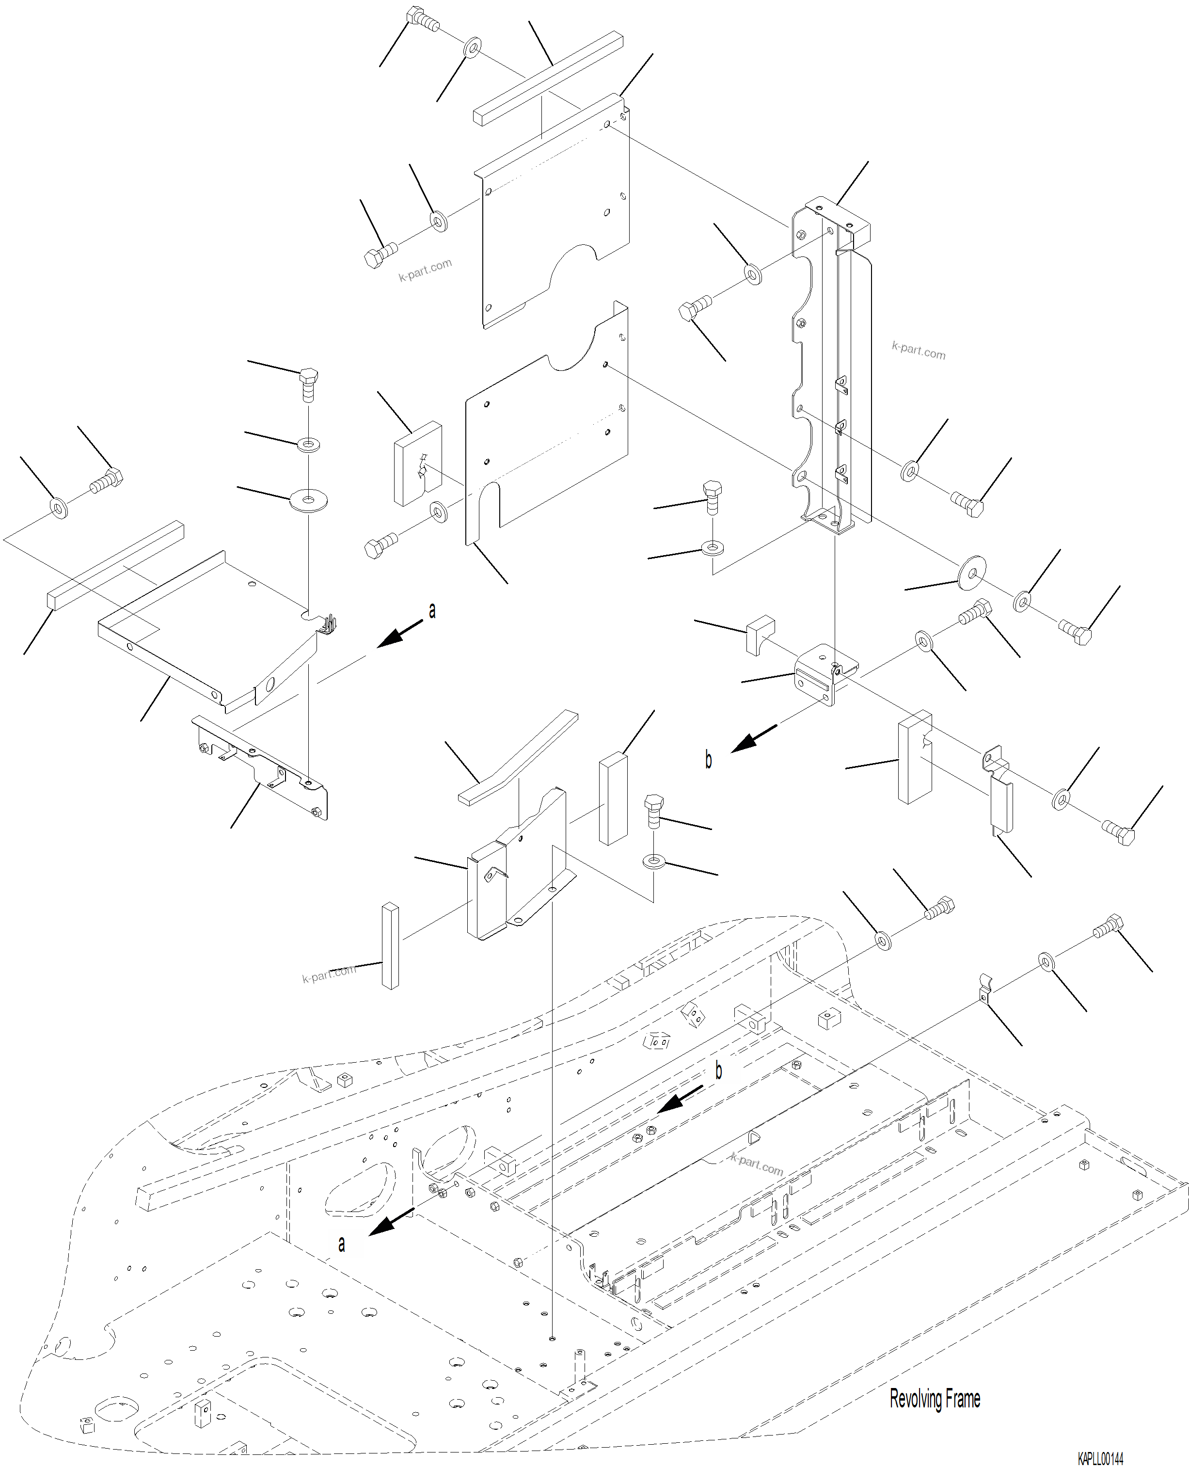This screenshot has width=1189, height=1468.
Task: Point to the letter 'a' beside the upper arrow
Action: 432,610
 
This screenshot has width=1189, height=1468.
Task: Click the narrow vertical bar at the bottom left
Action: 390,945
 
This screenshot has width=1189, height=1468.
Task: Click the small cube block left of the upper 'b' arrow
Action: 759,634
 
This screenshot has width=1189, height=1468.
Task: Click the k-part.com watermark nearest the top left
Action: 425,270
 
